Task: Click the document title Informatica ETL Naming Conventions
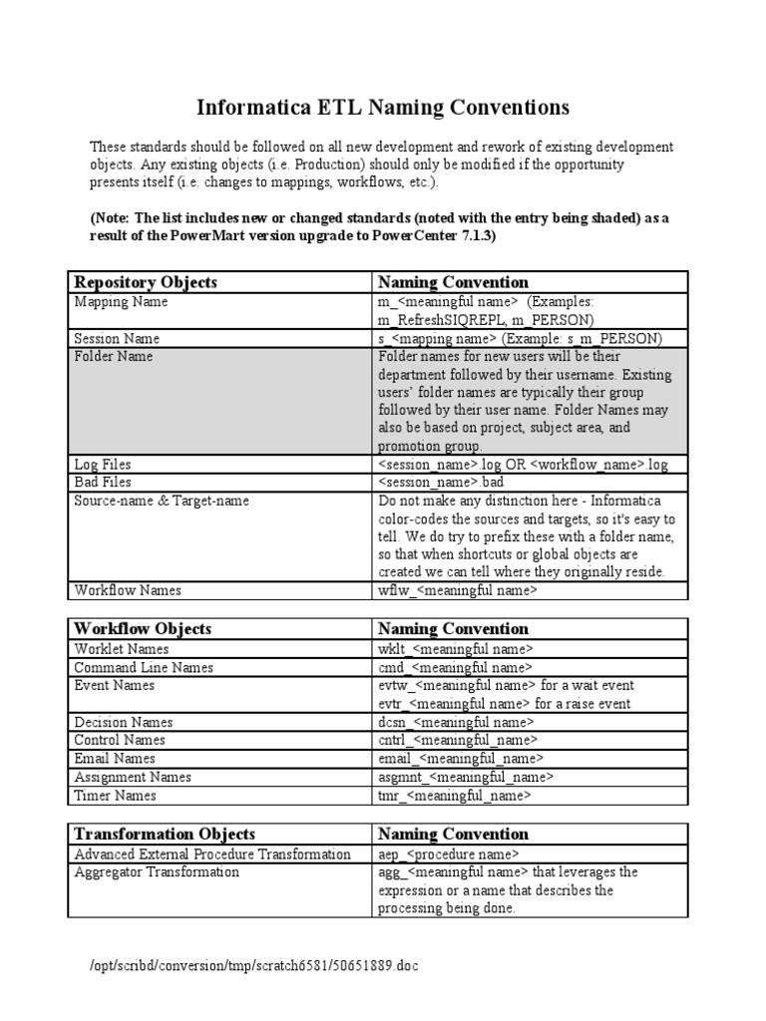(x=382, y=107)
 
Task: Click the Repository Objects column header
(x=146, y=282)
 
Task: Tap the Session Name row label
(x=118, y=339)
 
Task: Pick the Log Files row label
(x=104, y=465)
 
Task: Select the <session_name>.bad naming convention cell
(x=443, y=483)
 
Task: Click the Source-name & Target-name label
(x=162, y=501)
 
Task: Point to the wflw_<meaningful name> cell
(x=458, y=590)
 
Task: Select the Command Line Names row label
(x=144, y=667)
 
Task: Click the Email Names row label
(x=115, y=759)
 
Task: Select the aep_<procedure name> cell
(x=449, y=854)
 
